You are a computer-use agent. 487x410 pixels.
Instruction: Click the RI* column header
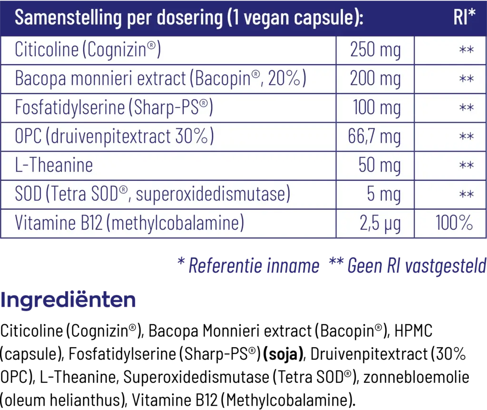pyautogui.click(x=464, y=18)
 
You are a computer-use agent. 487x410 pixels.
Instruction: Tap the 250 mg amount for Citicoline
pyautogui.click(x=375, y=50)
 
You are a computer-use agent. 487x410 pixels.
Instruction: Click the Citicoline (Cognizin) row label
pyautogui.click(x=88, y=50)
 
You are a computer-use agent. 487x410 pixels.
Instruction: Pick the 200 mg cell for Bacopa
pyautogui.click(x=375, y=79)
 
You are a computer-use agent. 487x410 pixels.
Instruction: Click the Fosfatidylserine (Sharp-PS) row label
pyautogui.click(x=114, y=108)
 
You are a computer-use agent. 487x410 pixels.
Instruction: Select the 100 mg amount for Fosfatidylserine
pyautogui.click(x=377, y=108)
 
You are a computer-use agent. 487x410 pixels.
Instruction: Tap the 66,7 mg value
pyautogui.click(x=374, y=137)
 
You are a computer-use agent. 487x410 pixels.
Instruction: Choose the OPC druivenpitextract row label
pyautogui.click(x=114, y=137)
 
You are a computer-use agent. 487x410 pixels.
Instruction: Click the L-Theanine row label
pyautogui.click(x=54, y=166)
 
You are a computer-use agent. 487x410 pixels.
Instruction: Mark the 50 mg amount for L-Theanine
pyautogui.click(x=380, y=166)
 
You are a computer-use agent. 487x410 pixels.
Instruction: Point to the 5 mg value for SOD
pyautogui.click(x=384, y=195)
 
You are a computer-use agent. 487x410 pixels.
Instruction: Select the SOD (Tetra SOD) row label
pyautogui.click(x=152, y=195)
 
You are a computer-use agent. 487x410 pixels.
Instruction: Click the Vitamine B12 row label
pyautogui.click(x=129, y=223)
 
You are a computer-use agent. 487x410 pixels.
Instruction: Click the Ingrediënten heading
pyautogui.click(x=68, y=300)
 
